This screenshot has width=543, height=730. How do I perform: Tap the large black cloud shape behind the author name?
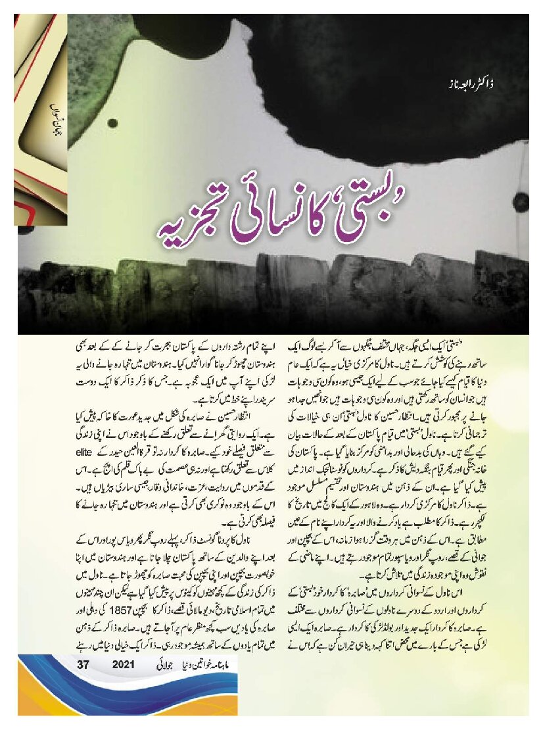point(368,79)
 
